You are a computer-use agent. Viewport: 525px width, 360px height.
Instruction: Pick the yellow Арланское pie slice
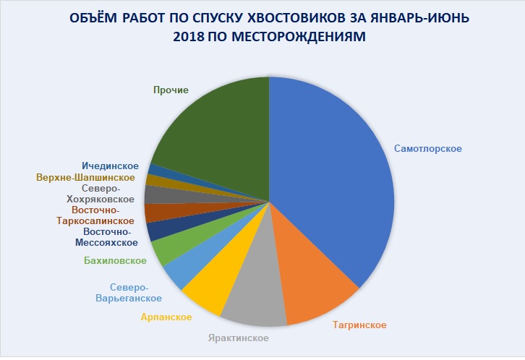pos(207,288)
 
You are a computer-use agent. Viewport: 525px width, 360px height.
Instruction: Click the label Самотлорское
pos(428,149)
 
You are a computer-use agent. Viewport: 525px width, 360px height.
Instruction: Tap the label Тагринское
pos(359,325)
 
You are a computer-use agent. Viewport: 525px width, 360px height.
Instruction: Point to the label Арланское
pos(166,317)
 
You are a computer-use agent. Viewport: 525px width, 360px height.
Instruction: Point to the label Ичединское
pos(110,166)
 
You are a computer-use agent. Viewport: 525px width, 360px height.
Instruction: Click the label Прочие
pos(171,90)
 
